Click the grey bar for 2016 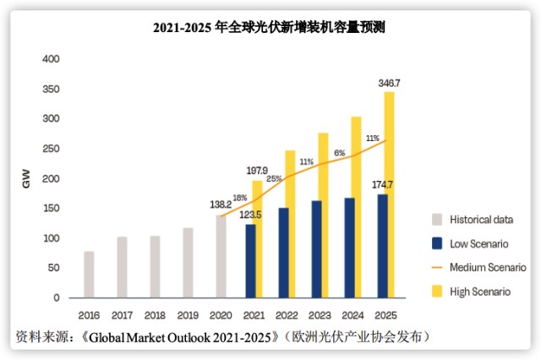pos(89,275)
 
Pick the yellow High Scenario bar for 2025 pos(390,194)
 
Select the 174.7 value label pos(385,184)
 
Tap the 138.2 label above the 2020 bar pos(219,205)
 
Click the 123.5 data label pos(251,215)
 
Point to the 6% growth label pos(340,153)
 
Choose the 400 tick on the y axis pos(51,59)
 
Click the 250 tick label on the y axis pos(51,149)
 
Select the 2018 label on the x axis pos(155,314)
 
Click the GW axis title pos(25,178)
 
